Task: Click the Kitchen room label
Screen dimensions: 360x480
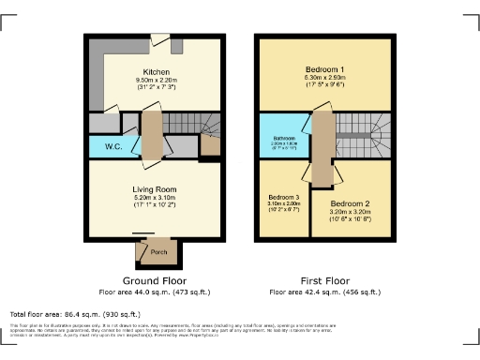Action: click(x=156, y=71)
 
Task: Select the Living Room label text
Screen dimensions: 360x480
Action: click(x=155, y=189)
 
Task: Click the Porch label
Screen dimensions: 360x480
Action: click(x=158, y=252)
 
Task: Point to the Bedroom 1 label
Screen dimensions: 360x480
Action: click(x=324, y=70)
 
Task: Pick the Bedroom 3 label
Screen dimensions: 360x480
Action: click(x=283, y=197)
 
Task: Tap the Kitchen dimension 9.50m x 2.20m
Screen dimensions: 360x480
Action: click(x=156, y=81)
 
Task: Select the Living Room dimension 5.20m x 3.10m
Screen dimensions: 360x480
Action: click(x=155, y=199)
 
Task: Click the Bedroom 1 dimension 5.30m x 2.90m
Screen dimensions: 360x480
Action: click(x=324, y=80)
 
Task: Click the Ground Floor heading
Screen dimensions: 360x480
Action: click(x=155, y=280)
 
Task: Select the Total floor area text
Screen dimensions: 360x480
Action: click(x=75, y=314)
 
